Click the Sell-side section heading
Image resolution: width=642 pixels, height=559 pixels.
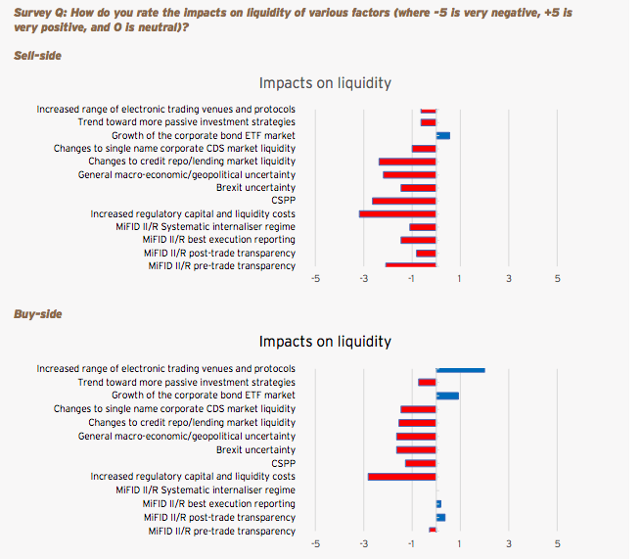pos(37,56)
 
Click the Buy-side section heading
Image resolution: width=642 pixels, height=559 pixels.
pos(37,314)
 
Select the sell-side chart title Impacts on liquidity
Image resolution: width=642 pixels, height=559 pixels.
pos(325,83)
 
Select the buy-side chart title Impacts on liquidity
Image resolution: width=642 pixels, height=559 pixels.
pos(325,342)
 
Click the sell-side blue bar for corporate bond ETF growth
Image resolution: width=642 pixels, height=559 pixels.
pos(442,135)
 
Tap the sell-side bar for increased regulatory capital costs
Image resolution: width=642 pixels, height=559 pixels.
pos(397,213)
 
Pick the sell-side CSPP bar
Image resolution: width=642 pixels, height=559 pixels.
pos(403,201)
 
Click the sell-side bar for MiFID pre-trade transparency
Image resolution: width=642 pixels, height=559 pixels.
pos(410,265)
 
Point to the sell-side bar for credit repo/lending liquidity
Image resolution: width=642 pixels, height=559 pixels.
pos(407,161)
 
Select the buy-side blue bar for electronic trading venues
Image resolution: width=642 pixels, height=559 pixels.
pos(460,370)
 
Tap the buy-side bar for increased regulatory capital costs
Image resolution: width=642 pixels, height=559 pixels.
pos(401,477)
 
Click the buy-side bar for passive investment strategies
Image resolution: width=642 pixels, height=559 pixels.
pos(427,382)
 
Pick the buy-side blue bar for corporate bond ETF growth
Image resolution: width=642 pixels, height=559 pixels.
pos(447,396)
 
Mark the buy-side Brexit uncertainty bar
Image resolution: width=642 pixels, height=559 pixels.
pos(416,449)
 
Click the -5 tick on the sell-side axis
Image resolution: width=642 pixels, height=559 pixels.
pos(315,279)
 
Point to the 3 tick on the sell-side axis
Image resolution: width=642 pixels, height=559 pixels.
pos(509,279)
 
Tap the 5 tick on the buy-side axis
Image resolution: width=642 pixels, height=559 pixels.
pos(557,542)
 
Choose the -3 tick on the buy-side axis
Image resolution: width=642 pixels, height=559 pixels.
pos(363,542)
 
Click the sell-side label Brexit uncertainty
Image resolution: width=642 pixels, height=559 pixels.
pos(255,187)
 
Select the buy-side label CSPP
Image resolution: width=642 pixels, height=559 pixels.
pos(283,463)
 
